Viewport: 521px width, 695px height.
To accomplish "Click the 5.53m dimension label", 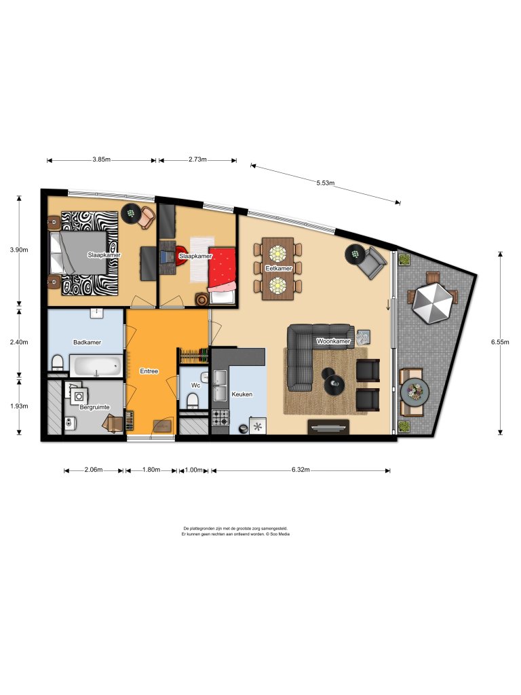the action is click(x=325, y=183).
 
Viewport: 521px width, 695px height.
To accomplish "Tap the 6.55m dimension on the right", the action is click(x=500, y=342).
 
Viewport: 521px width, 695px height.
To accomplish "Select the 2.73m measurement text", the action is click(x=197, y=159).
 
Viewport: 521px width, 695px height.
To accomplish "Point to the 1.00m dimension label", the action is click(x=193, y=470).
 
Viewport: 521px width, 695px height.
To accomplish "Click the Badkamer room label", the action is click(x=87, y=342).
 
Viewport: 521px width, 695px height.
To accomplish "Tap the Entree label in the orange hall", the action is click(x=149, y=371).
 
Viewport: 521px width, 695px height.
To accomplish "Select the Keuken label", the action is click(x=242, y=394).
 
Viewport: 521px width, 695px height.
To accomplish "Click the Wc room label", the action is click(x=195, y=386).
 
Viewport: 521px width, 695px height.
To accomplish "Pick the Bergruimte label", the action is click(x=94, y=407).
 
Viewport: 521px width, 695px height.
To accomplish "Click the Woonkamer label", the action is click(x=333, y=341).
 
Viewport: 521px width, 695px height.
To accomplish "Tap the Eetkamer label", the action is click(x=278, y=268).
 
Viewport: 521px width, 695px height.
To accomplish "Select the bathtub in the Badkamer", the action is click(x=96, y=366).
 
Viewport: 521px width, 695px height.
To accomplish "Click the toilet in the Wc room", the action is click(x=193, y=401).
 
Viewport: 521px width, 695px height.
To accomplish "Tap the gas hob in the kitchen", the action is click(x=220, y=417).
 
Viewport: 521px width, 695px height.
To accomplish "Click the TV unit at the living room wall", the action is click(x=328, y=427).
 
